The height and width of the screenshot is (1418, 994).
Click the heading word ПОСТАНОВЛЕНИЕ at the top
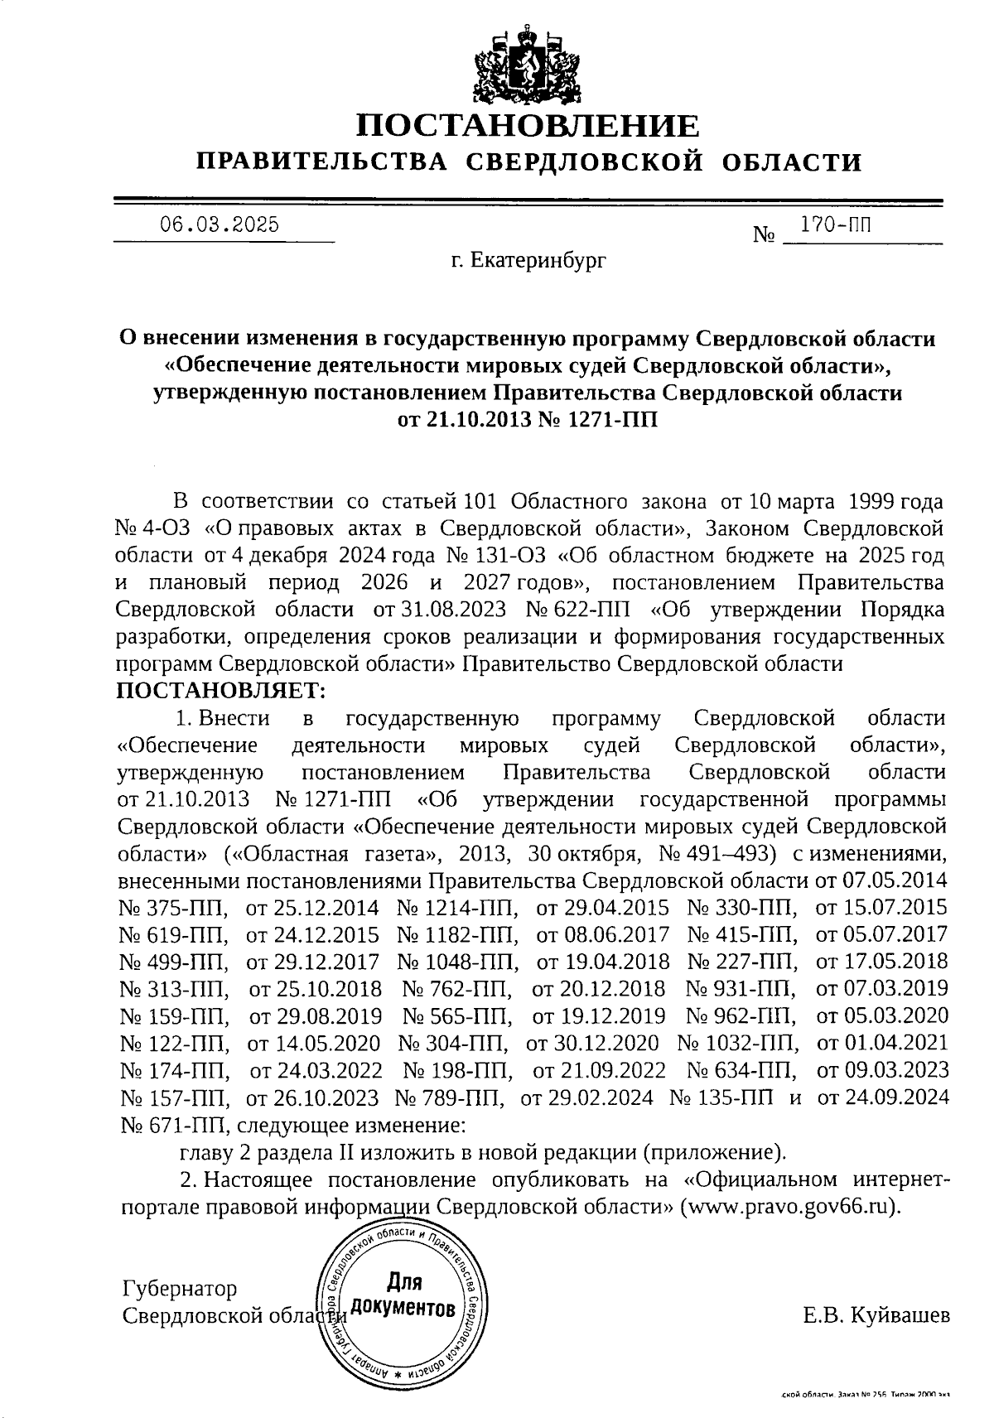528,126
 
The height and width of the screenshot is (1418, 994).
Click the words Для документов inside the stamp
403,1295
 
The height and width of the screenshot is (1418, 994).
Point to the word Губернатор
179,1290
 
